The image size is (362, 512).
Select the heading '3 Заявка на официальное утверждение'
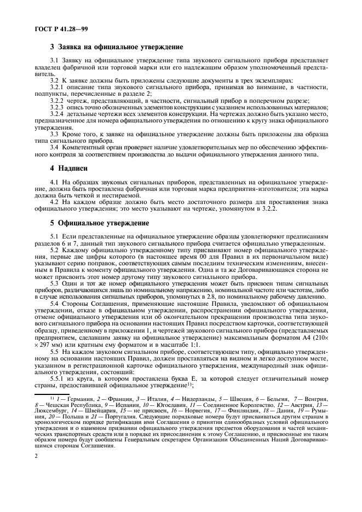click(116, 48)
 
